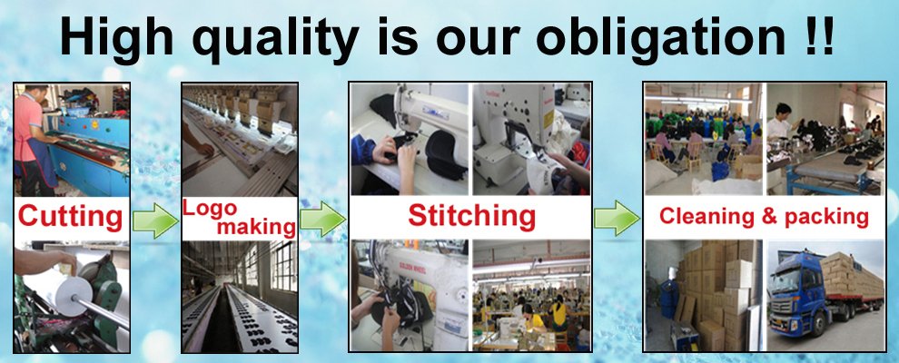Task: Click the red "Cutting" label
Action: [71, 217]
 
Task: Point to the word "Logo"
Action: [209, 207]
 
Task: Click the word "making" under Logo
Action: [256, 227]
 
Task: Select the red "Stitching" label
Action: [471, 216]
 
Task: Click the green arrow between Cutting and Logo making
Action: [155, 220]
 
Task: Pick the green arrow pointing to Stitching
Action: [322, 219]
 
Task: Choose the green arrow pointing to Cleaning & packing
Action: [617, 218]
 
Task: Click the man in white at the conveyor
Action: [781, 122]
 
